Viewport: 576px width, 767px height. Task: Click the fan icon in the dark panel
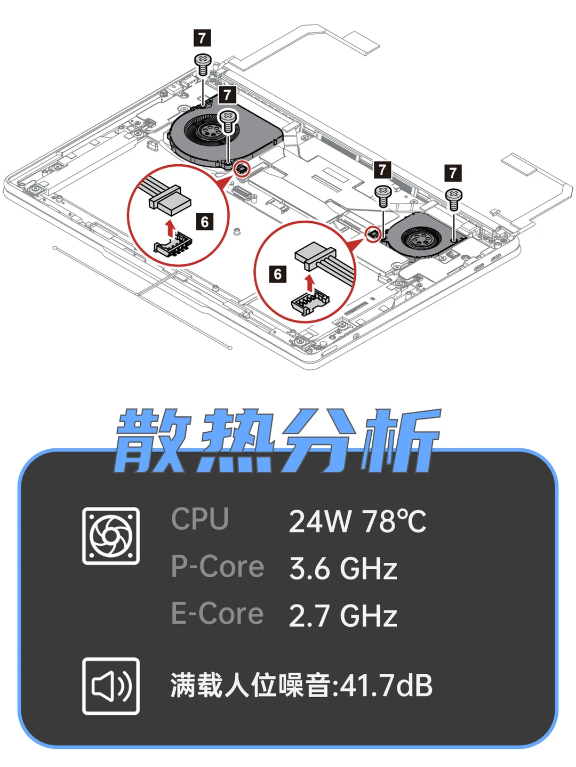pyautogui.click(x=111, y=536)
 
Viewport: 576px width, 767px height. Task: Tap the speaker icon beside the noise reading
pyautogui.click(x=111, y=686)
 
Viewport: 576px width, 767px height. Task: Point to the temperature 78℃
pyautogui.click(x=394, y=521)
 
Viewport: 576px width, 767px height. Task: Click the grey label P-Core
pyautogui.click(x=218, y=567)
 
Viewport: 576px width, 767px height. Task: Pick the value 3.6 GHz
pyautogui.click(x=343, y=569)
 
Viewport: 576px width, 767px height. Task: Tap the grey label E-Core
pyautogui.click(x=218, y=613)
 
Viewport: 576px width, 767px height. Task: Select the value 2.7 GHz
pyautogui.click(x=343, y=616)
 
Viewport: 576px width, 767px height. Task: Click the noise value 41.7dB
pyautogui.click(x=386, y=685)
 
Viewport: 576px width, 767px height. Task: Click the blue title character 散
pyautogui.click(x=153, y=441)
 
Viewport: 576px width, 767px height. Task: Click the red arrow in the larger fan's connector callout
pyautogui.click(x=170, y=228)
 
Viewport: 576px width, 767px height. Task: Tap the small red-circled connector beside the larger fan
pyautogui.click(x=242, y=169)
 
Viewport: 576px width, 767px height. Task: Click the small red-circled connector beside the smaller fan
pyautogui.click(x=374, y=233)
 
